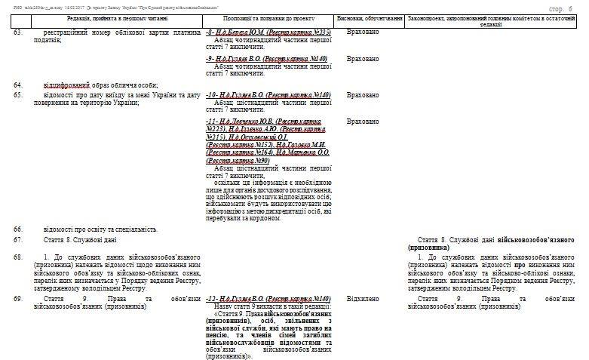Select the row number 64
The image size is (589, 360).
(x=18, y=85)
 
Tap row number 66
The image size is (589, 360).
(x=18, y=229)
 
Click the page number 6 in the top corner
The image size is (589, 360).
(x=570, y=7)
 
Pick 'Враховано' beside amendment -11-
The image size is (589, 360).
(x=363, y=122)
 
